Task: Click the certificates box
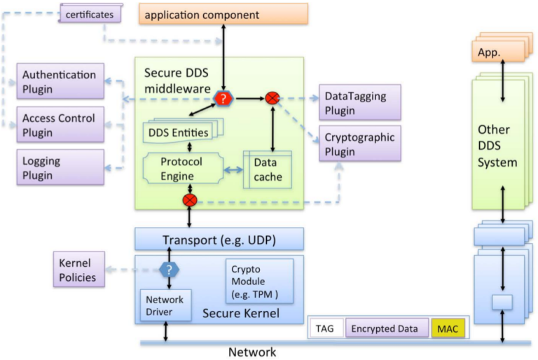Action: pyautogui.click(x=90, y=13)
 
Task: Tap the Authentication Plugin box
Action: pyautogui.click(x=60, y=81)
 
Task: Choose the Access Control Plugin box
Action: pyautogui.click(x=60, y=124)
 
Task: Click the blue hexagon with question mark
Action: pyautogui.click(x=168, y=270)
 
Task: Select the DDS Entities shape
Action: pyautogui.click(x=181, y=130)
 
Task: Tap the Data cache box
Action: pyautogui.click(x=268, y=169)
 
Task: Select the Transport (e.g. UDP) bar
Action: pyautogui.click(x=219, y=239)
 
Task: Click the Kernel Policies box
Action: pyautogui.click(x=79, y=270)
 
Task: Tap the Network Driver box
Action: pyautogui.click(x=165, y=305)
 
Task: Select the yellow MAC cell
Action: pyautogui.click(x=447, y=328)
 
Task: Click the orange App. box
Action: pyautogui.click(x=494, y=52)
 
